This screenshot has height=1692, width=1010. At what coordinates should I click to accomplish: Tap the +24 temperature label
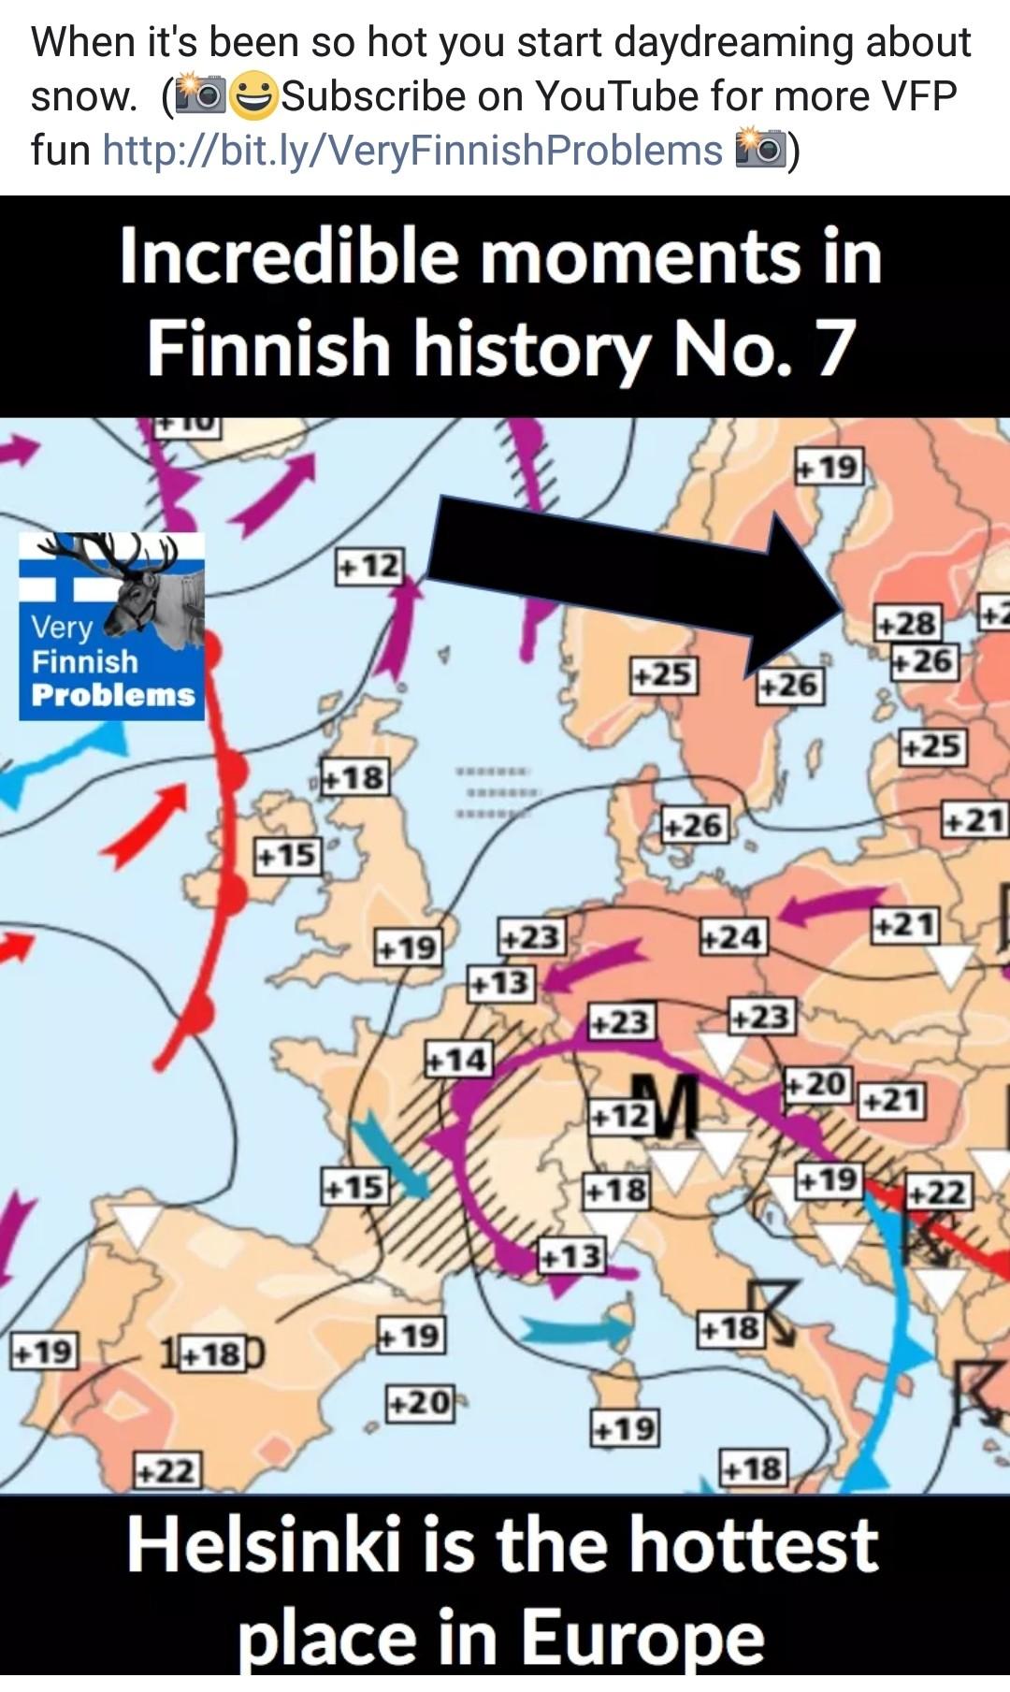(x=734, y=935)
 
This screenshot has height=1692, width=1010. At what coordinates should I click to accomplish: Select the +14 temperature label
(x=457, y=1060)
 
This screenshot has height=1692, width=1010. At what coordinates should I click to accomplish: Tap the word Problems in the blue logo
(x=112, y=695)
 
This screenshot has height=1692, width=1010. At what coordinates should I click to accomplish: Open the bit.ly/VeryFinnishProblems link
(x=412, y=150)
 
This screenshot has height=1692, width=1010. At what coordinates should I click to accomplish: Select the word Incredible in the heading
(x=289, y=256)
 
